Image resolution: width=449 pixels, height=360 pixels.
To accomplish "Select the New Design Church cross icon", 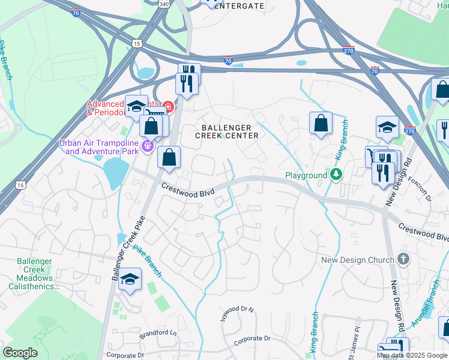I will (403, 259).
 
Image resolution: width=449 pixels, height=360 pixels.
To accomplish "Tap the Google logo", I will (20, 353).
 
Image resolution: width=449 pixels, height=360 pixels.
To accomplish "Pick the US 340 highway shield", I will (163, 3).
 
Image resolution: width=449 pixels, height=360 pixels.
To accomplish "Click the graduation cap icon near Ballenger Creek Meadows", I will (130, 280).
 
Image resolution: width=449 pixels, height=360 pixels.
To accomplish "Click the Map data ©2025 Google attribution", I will (412, 355).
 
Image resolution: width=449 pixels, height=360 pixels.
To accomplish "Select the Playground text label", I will (306, 175).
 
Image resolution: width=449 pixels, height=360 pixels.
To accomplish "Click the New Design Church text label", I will (358, 260).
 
